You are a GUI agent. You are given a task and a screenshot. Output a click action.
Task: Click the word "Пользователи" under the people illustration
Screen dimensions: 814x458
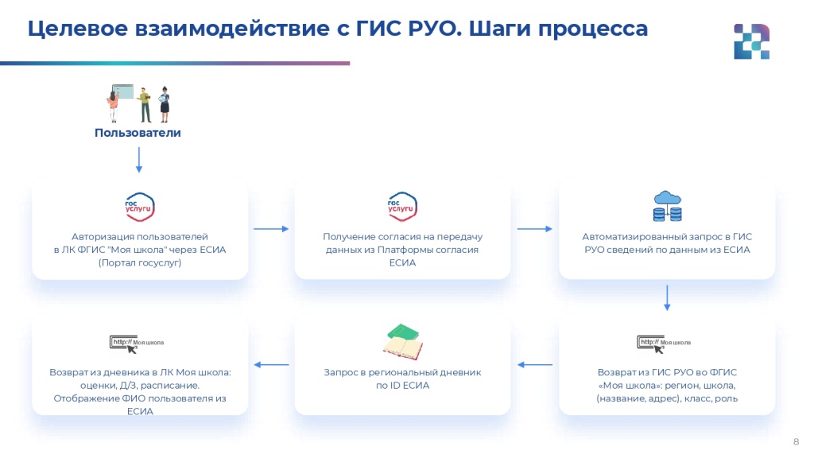(x=138, y=133)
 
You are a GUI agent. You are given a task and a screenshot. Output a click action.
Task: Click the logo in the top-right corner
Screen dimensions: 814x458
(x=752, y=41)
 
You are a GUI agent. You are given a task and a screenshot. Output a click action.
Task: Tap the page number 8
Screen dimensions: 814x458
(x=796, y=442)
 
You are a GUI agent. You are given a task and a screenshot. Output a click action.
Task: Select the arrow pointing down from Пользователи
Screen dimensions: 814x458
(x=138, y=159)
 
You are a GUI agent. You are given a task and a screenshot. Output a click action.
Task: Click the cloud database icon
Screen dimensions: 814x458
(x=667, y=206)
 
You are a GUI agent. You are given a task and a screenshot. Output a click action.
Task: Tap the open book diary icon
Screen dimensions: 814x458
(x=403, y=342)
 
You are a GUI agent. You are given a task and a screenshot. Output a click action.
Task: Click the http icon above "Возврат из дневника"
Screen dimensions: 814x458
(x=137, y=343)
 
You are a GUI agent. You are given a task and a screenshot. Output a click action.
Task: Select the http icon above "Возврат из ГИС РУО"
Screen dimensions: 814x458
(x=664, y=343)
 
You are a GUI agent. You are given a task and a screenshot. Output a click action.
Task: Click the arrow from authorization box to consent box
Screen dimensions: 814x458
(x=271, y=228)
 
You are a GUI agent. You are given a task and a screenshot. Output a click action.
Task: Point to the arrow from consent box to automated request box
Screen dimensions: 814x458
(x=535, y=228)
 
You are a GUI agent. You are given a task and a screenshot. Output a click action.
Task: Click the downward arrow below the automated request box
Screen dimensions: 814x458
(x=667, y=298)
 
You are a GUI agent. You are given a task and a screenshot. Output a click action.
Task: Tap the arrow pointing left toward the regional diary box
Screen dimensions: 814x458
(x=535, y=364)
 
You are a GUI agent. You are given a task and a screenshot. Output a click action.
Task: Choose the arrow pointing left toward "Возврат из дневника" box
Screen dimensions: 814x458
(x=271, y=364)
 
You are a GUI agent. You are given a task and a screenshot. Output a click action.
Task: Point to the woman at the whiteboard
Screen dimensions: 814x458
(x=113, y=104)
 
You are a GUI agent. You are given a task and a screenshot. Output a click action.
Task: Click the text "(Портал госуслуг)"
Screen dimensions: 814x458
(x=140, y=262)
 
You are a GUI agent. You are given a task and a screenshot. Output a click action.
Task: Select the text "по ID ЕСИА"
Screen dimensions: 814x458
(x=402, y=386)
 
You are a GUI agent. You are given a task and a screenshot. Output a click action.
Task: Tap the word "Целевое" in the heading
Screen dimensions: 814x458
(x=77, y=29)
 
